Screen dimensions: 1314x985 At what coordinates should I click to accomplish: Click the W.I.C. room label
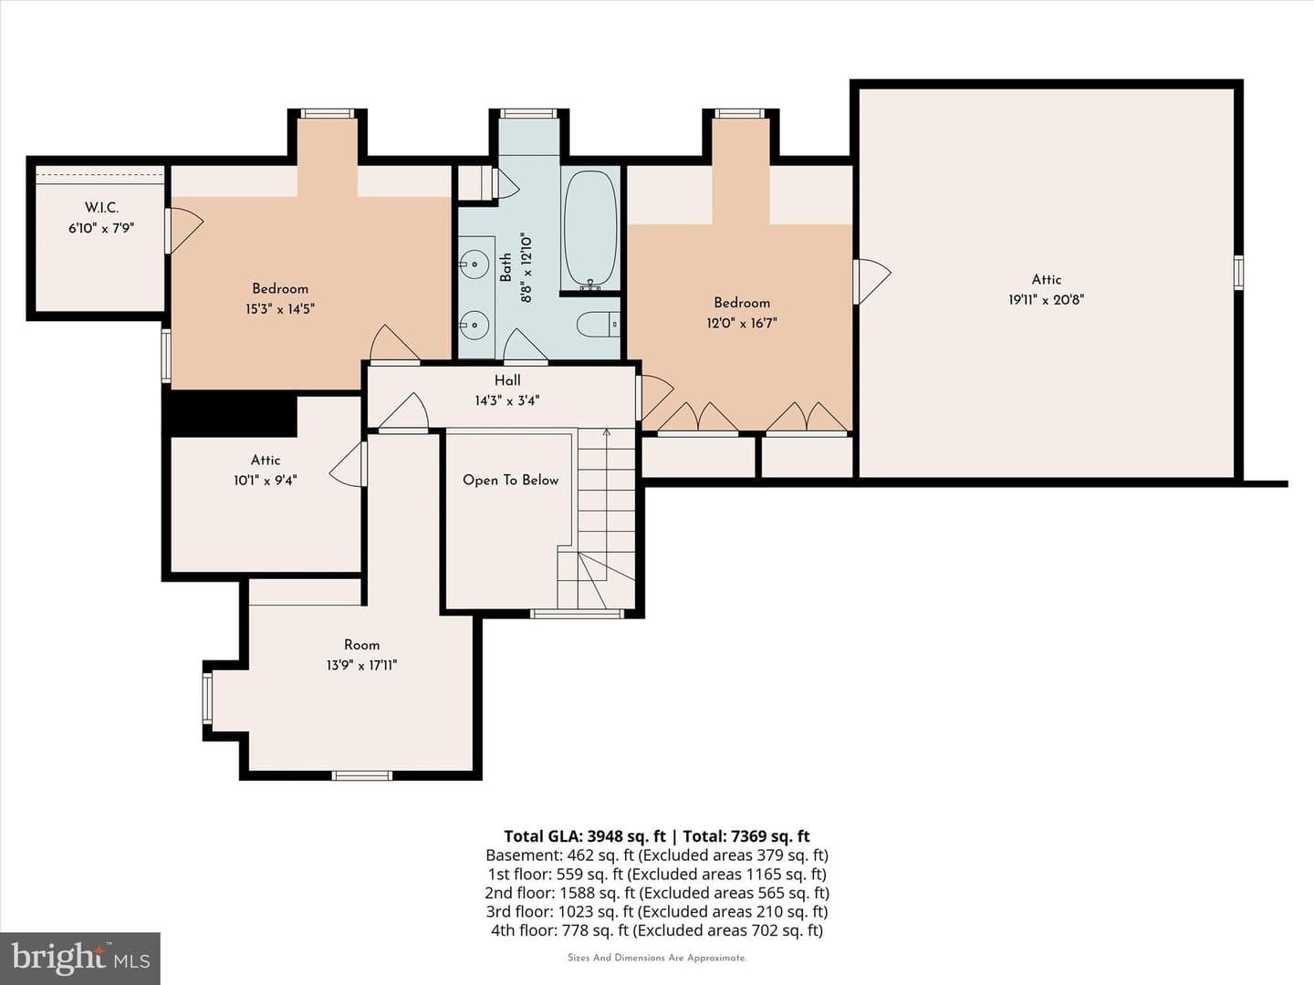(101, 208)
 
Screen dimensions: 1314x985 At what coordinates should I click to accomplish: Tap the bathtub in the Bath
(590, 230)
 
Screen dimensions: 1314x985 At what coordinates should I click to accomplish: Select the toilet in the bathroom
(599, 325)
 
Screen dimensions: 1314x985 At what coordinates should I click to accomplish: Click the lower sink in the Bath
(474, 325)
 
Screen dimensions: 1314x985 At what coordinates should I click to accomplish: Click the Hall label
(507, 380)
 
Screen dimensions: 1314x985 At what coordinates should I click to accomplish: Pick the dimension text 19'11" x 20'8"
(1046, 300)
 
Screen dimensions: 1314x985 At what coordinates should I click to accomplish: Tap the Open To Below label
(510, 481)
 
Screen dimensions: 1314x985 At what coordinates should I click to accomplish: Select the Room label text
(361, 645)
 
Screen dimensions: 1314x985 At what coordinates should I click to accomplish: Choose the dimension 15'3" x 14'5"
(279, 309)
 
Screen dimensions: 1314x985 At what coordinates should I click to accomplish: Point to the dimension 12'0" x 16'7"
(742, 324)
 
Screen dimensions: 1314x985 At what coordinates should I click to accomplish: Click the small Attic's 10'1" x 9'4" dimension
(266, 481)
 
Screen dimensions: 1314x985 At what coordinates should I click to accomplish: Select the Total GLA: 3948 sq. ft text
(584, 836)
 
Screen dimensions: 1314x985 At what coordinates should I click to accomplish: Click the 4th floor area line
(657, 930)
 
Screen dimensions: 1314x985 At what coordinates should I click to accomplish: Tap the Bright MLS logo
(80, 958)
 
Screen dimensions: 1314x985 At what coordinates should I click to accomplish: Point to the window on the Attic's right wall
(1238, 273)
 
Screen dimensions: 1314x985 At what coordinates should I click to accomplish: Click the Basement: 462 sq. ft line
(657, 855)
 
